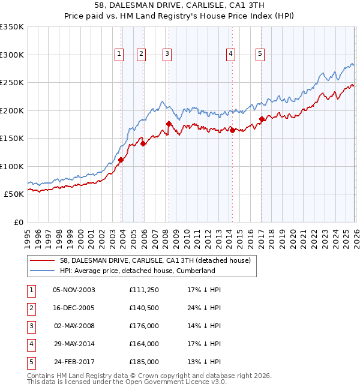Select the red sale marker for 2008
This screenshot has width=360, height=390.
tap(169, 124)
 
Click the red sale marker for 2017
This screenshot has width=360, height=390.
tap(262, 119)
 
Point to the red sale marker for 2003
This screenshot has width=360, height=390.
tap(121, 160)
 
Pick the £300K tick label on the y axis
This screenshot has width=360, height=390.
tap(12, 55)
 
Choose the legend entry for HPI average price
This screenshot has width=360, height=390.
tap(137, 271)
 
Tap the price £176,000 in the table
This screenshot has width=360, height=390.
tap(144, 325)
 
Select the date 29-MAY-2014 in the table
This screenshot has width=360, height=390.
tap(74, 344)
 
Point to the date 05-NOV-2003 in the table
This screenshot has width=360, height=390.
tap(74, 289)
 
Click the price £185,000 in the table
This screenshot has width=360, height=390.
tap(144, 362)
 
